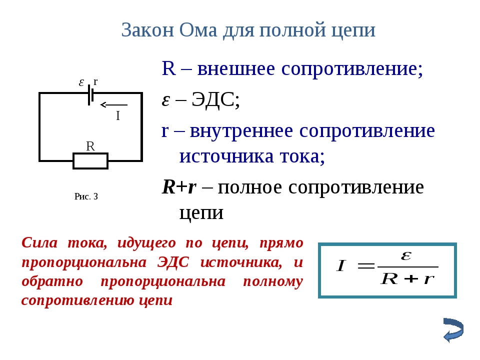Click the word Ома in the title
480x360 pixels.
pos(198,30)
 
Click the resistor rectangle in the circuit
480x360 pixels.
pos(90,160)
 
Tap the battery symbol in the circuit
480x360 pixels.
pos(90,95)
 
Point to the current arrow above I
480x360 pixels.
pos(113,104)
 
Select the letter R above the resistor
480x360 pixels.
pos(90,146)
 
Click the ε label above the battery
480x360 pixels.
pos(81,82)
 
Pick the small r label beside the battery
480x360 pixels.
pos(95,81)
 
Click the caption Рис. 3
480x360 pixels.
pos(86,196)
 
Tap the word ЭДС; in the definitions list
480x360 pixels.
pos(215,99)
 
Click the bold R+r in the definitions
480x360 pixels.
pos(179,187)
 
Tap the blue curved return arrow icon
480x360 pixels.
pos(453,330)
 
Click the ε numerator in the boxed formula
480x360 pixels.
pos(406,255)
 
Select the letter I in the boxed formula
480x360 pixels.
pos(340,265)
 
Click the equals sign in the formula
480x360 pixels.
pos(365,265)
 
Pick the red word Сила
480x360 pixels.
pos(39,243)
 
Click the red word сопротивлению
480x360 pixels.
pos(78,300)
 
